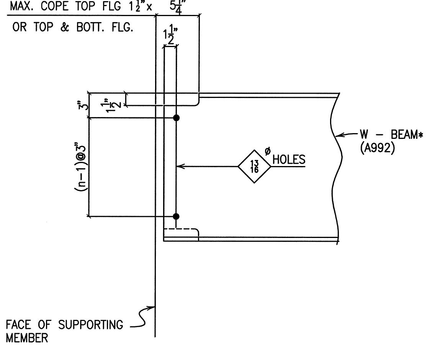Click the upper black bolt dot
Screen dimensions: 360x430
[176, 118]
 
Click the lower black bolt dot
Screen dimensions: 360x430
[176, 216]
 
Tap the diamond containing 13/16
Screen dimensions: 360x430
[255, 167]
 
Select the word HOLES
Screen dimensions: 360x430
[289, 160]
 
